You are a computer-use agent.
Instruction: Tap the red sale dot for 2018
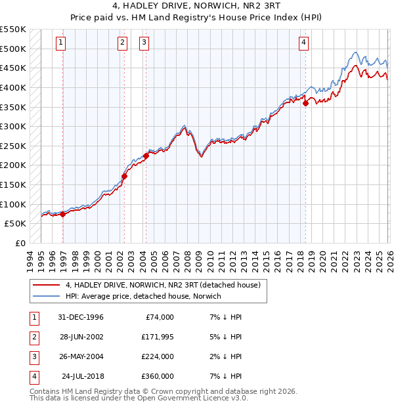(x=306, y=103)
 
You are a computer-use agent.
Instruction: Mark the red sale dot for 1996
(x=62, y=214)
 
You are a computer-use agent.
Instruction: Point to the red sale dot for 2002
(x=124, y=176)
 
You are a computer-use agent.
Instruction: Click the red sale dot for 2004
(x=146, y=156)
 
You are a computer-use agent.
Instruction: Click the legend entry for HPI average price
(x=143, y=296)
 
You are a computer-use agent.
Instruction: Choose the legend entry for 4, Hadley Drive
(x=163, y=285)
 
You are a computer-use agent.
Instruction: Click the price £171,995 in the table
(x=158, y=337)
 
